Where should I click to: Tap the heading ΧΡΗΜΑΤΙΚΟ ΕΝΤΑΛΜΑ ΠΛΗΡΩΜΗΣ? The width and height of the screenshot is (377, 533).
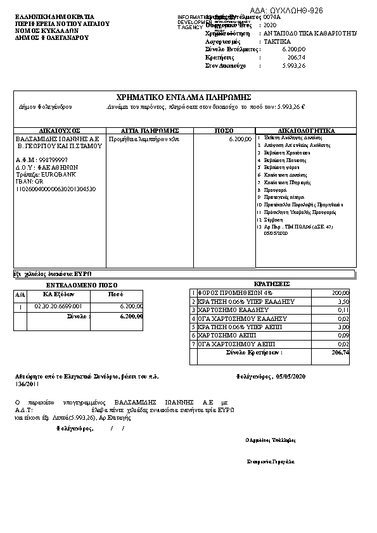pos(184,97)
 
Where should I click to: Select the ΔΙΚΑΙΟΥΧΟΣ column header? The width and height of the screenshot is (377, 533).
pos(60,130)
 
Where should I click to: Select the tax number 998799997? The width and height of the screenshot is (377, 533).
pos(53,160)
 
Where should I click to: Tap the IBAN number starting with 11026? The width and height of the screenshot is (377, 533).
pos(55,189)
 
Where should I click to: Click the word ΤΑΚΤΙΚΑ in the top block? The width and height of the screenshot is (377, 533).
pos(278,40)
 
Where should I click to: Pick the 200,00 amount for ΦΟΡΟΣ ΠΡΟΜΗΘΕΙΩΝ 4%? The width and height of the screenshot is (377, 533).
pos(340,293)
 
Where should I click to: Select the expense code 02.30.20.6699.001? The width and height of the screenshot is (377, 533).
pos(63,306)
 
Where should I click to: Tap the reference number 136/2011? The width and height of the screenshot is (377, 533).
pos(27,384)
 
